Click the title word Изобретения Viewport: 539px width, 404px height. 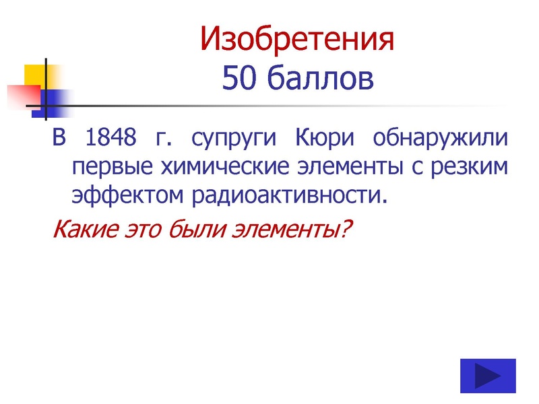coord(296,40)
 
